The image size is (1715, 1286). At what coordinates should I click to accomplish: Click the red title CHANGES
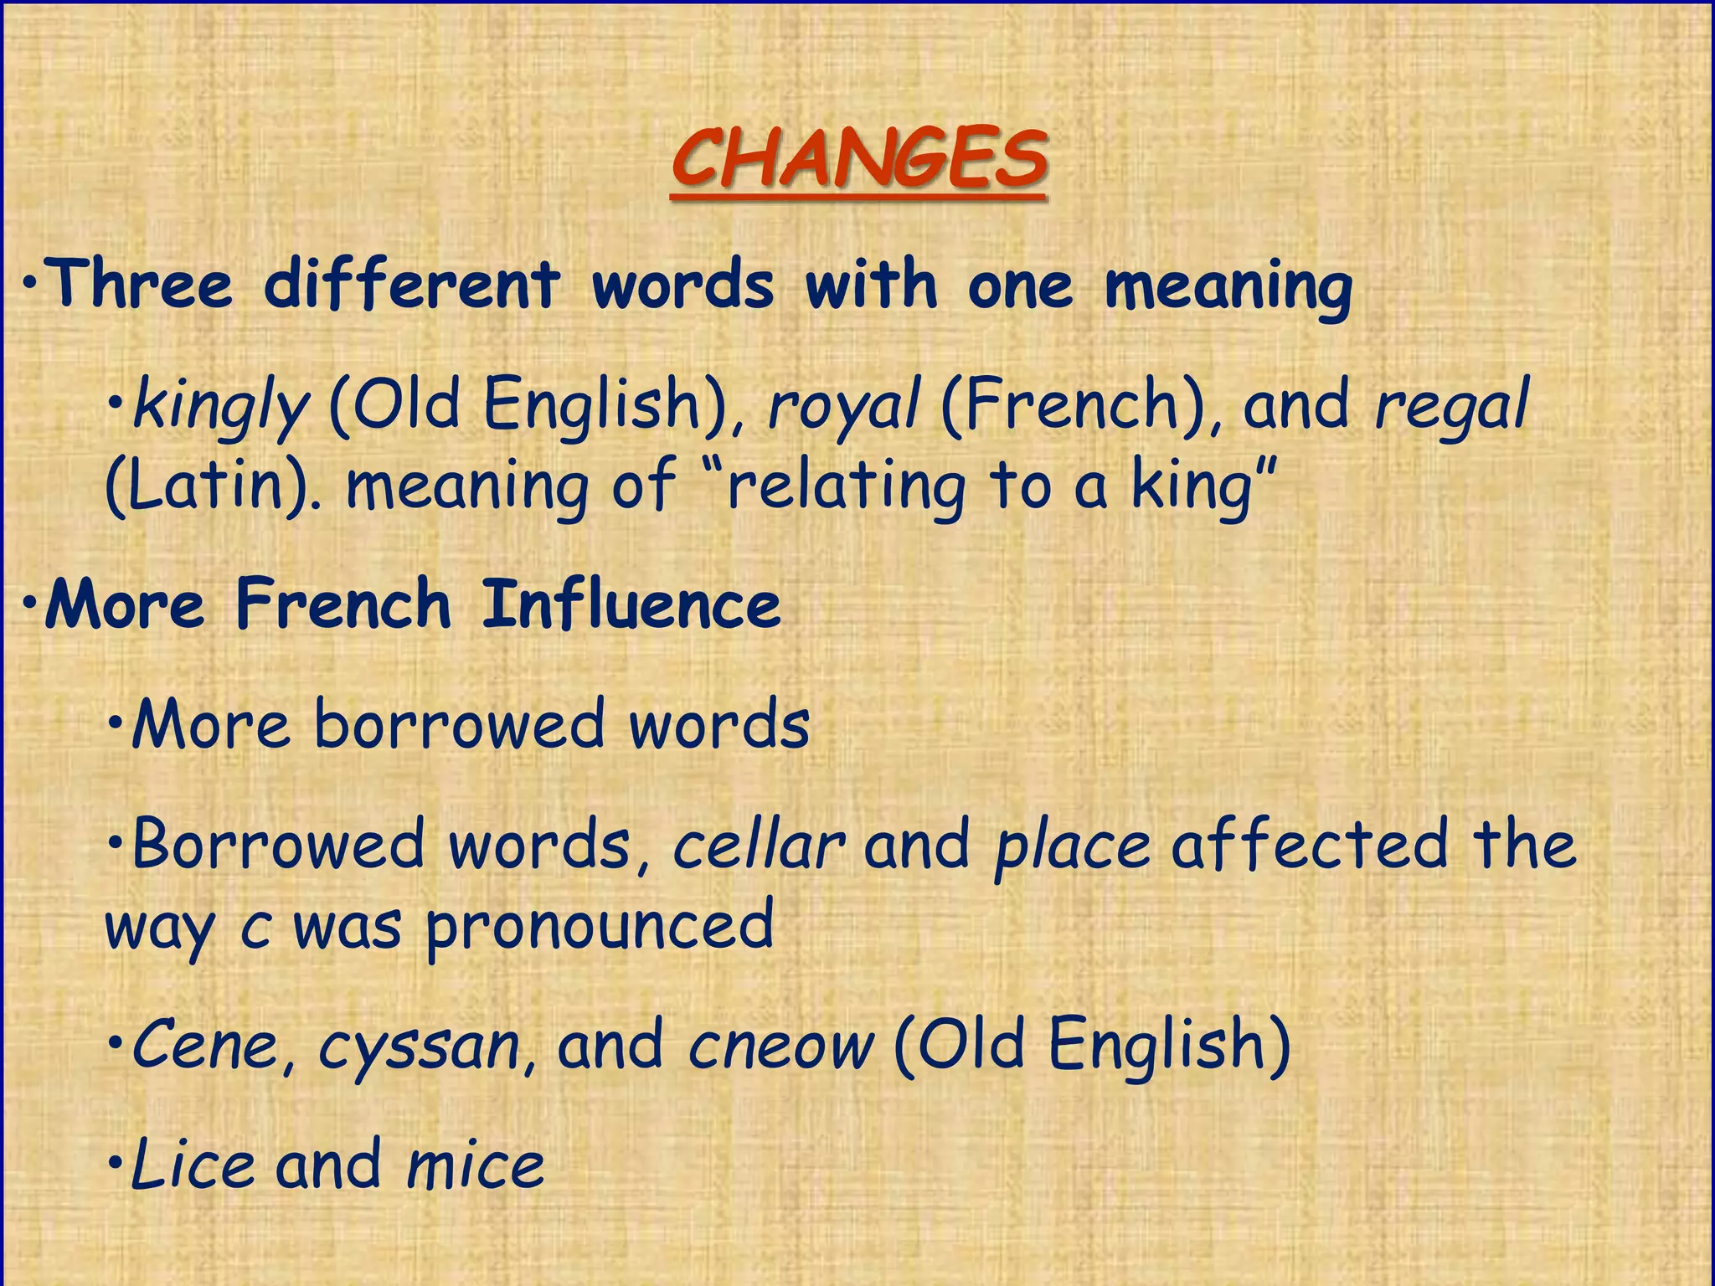[858, 159]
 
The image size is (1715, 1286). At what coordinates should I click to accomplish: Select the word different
[411, 285]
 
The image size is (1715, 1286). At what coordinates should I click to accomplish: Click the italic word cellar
[759, 846]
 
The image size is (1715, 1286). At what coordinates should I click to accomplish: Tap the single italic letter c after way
[255, 929]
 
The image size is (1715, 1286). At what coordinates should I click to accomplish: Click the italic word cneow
[780, 1047]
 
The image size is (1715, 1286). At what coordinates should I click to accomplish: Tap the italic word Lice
[193, 1165]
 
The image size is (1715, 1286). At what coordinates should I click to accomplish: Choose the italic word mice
[475, 1165]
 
